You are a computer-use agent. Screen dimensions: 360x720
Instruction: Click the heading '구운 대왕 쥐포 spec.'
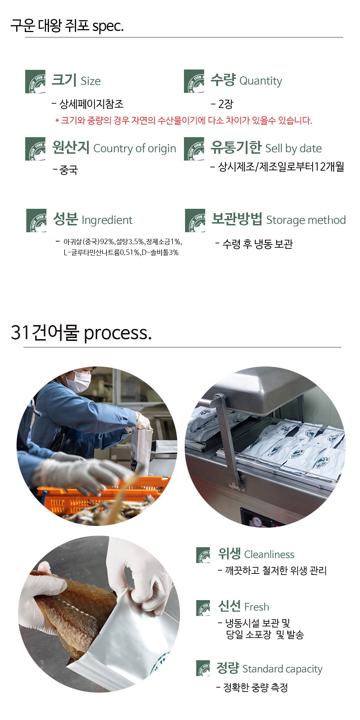point(67,26)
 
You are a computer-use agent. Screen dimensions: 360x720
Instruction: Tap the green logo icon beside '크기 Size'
point(35,81)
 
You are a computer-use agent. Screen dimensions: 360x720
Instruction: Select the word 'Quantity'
point(261,81)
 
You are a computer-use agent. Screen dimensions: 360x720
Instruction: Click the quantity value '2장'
point(225,104)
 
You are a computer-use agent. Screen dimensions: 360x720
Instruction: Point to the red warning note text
point(184,120)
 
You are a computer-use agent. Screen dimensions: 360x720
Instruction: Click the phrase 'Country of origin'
point(135,148)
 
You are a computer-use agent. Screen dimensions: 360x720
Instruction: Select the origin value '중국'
point(68,170)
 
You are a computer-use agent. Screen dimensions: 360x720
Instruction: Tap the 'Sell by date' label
point(293,148)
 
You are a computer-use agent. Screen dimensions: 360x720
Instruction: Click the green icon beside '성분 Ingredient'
point(36,220)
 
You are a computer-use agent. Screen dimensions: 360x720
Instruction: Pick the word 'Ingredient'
point(107,220)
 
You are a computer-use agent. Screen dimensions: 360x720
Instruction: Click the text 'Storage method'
point(306,220)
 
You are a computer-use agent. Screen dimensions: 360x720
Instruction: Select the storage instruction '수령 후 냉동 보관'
point(257,244)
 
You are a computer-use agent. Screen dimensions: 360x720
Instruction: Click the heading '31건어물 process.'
point(81,333)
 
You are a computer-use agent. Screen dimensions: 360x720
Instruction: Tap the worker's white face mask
point(78,381)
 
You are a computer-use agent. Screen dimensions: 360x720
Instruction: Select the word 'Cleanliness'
point(269,554)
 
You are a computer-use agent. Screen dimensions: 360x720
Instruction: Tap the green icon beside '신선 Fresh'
point(203,608)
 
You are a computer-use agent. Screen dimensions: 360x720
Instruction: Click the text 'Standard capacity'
point(282,669)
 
